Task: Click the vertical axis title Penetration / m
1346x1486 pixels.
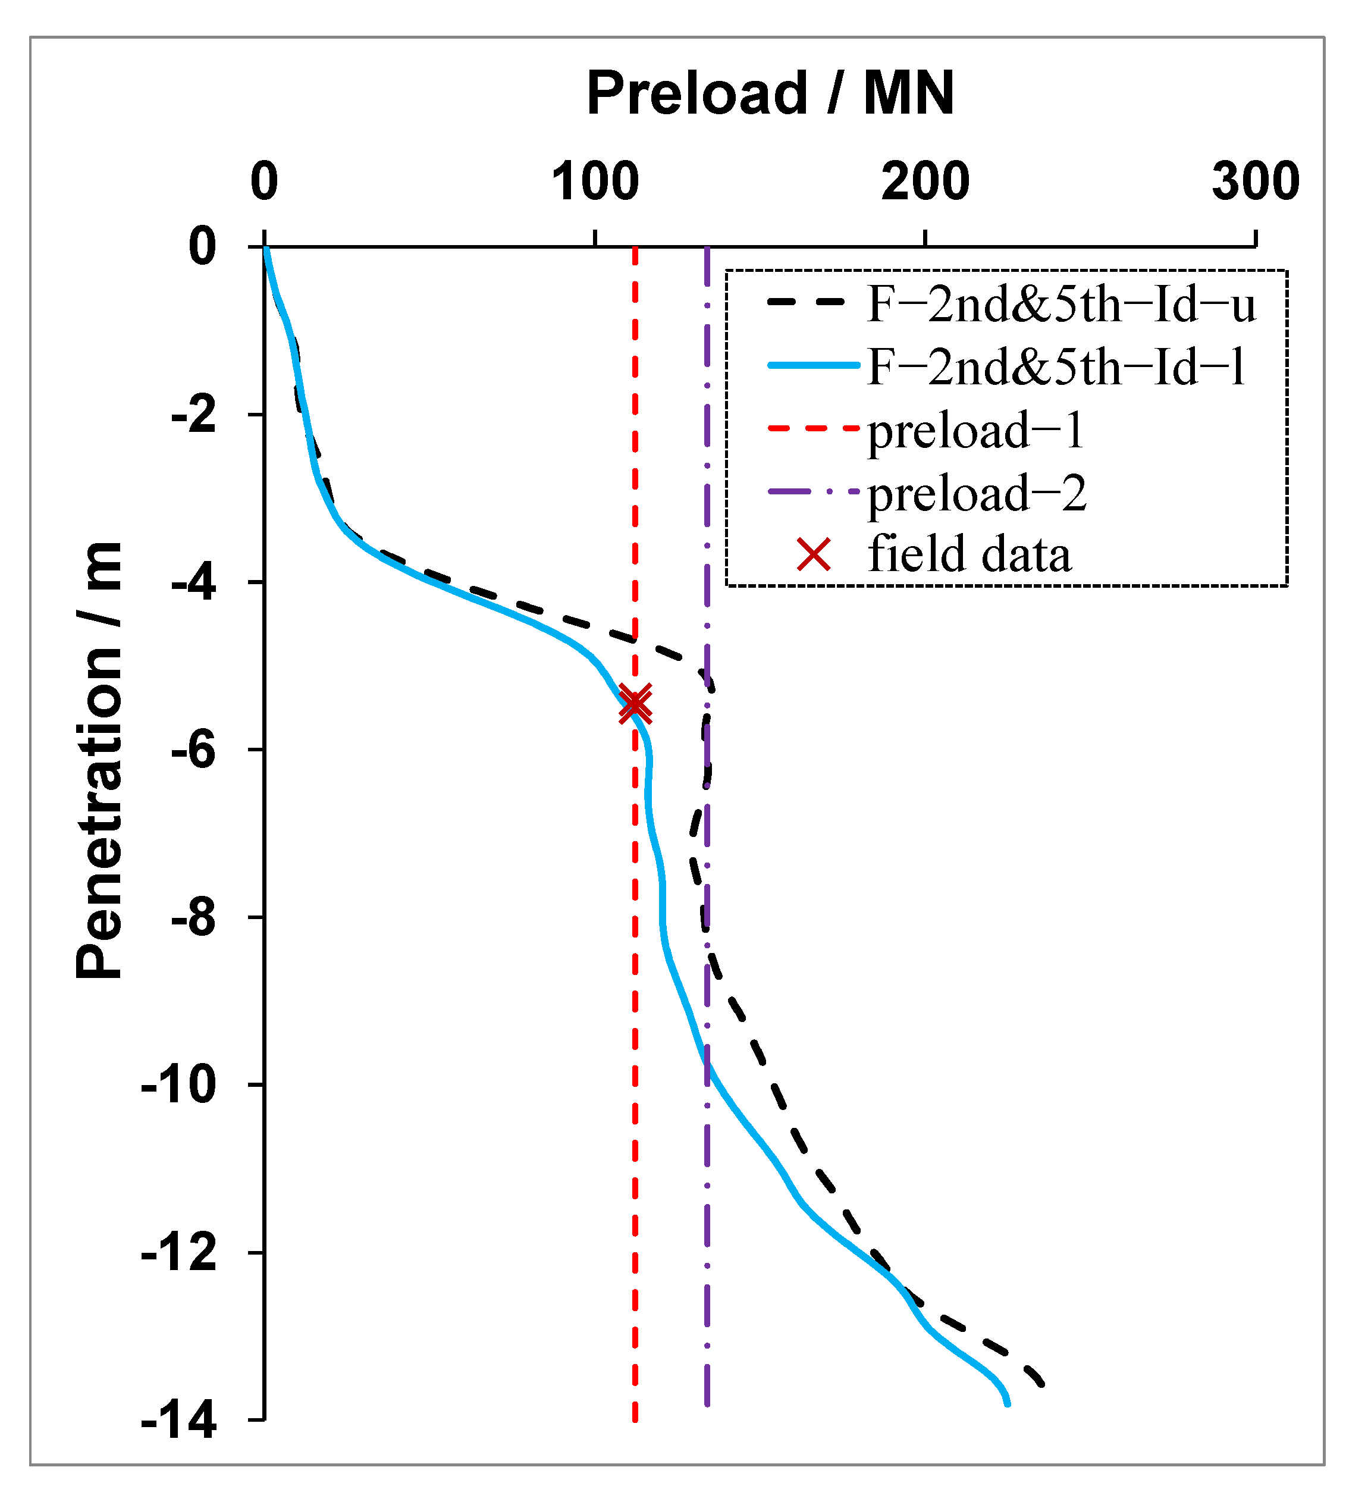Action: [99, 760]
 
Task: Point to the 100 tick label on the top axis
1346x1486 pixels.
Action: [595, 181]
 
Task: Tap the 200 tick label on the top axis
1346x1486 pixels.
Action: [924, 181]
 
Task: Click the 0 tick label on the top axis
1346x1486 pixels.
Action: [264, 181]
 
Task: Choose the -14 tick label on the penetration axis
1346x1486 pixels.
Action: [179, 1421]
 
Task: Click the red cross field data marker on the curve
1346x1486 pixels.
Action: [635, 703]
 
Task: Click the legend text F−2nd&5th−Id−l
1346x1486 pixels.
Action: [1056, 366]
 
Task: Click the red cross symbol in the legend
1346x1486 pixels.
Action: [814, 554]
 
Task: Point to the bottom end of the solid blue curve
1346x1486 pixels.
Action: [1007, 1404]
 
